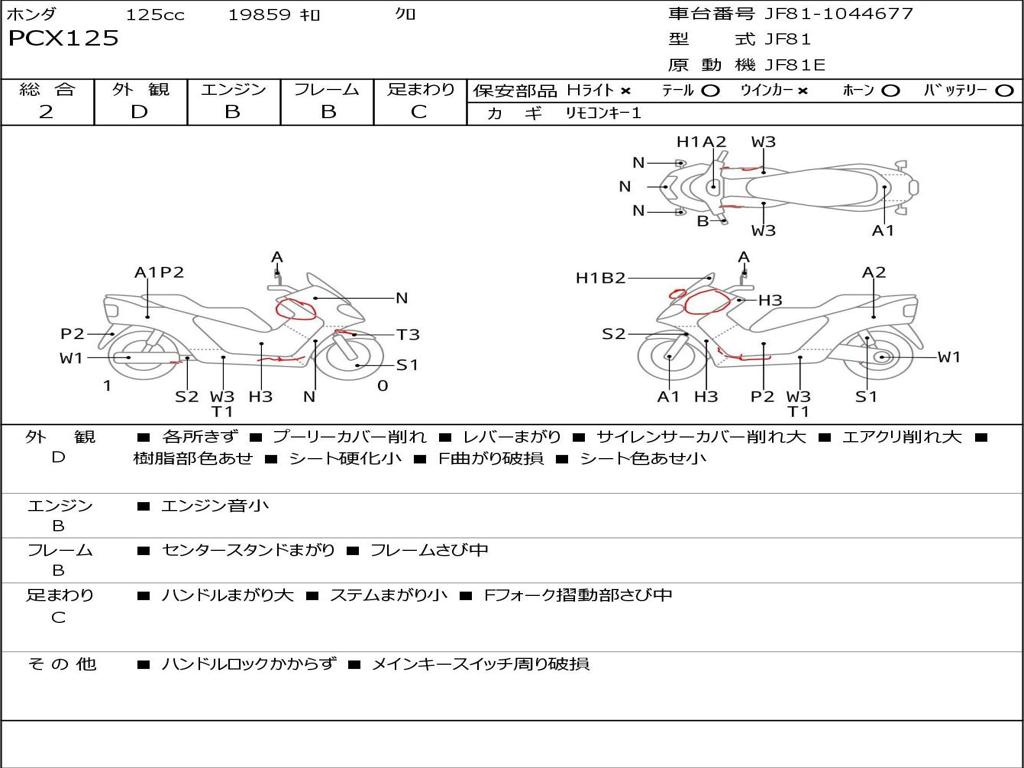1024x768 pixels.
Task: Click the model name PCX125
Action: point(64,39)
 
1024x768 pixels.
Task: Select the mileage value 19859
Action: point(259,15)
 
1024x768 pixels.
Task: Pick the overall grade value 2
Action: point(46,112)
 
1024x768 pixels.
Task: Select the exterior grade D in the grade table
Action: point(139,112)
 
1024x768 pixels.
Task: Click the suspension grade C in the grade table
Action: point(420,112)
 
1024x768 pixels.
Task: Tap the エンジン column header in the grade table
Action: point(233,90)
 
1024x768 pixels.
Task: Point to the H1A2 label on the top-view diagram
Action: point(701,142)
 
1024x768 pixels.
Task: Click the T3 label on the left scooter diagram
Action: point(407,335)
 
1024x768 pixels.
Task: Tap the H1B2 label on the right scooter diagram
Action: point(600,278)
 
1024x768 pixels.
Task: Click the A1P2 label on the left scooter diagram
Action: point(159,272)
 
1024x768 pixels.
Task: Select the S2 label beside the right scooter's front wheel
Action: point(613,334)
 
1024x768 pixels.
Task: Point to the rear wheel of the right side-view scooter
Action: point(881,357)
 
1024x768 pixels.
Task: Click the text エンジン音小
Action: point(215,506)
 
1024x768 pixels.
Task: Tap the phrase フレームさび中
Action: point(429,550)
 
